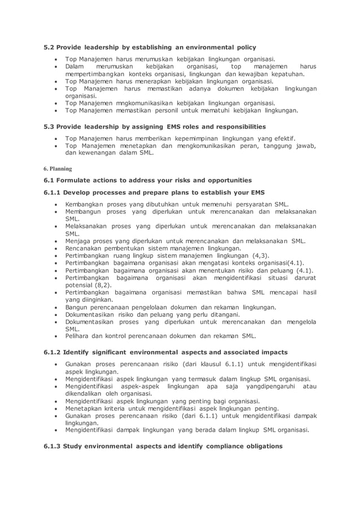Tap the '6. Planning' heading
click(x=58, y=168)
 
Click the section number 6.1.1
click(x=52, y=192)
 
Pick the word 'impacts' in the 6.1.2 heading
click(x=273, y=353)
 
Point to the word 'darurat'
click(x=302, y=278)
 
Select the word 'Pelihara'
click(x=79, y=336)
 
